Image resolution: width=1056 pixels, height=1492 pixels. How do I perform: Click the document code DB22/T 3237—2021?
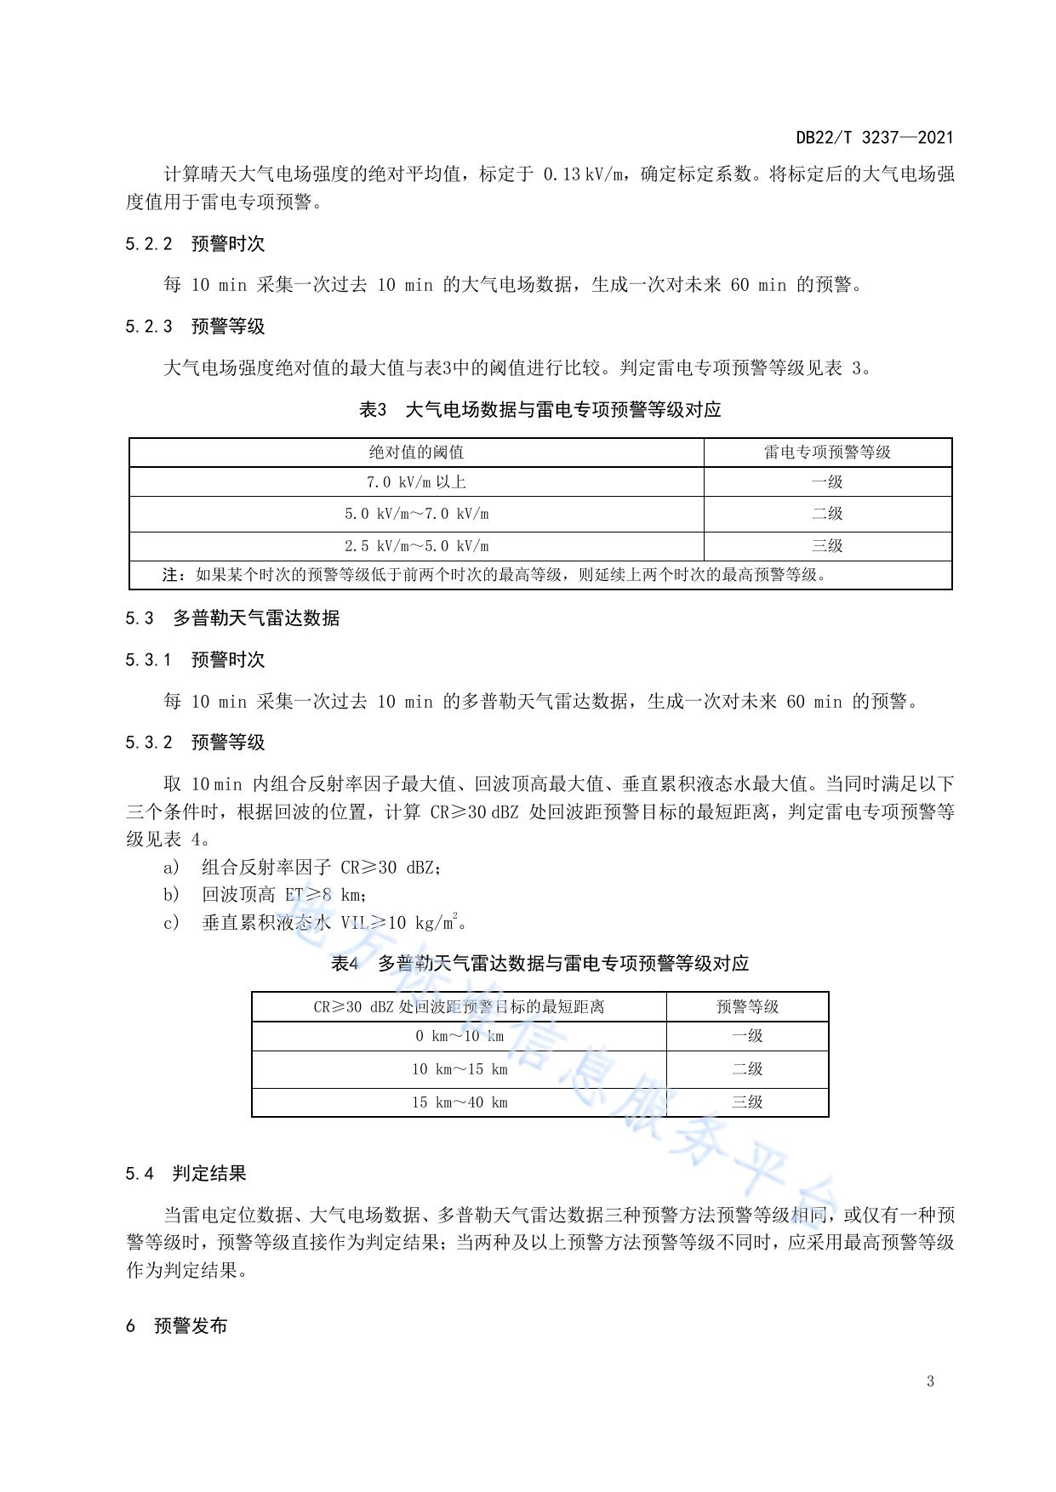(874, 138)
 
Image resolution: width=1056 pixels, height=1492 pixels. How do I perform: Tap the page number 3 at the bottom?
(930, 1381)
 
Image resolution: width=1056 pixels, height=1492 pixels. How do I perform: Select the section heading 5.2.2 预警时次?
(195, 244)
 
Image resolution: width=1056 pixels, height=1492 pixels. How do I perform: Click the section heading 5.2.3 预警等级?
(195, 327)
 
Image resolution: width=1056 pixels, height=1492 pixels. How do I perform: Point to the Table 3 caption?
(540, 410)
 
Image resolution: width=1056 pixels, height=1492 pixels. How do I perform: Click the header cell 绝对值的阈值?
(416, 453)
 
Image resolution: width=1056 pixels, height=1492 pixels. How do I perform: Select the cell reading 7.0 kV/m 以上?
(416, 482)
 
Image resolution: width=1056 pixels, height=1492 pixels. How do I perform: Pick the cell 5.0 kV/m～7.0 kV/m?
(416, 514)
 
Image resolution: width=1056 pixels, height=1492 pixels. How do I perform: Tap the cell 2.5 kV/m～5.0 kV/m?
(416, 546)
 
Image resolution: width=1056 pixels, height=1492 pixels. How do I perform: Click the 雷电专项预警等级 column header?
(827, 453)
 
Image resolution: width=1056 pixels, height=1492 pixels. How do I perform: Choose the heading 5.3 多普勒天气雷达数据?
(232, 618)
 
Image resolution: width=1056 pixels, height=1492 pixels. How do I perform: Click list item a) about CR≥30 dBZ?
(302, 868)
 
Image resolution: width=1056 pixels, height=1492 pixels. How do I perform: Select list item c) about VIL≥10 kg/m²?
(315, 923)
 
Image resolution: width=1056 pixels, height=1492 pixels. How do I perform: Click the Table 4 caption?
(540, 964)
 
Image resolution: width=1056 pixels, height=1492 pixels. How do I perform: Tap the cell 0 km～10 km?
(460, 1036)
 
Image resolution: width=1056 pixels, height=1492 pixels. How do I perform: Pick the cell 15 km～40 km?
(460, 1102)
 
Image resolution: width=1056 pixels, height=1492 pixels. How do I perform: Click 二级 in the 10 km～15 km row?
(747, 1069)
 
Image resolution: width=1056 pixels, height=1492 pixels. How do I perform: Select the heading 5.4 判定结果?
(186, 1174)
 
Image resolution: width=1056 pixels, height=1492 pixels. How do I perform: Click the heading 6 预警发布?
(177, 1326)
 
